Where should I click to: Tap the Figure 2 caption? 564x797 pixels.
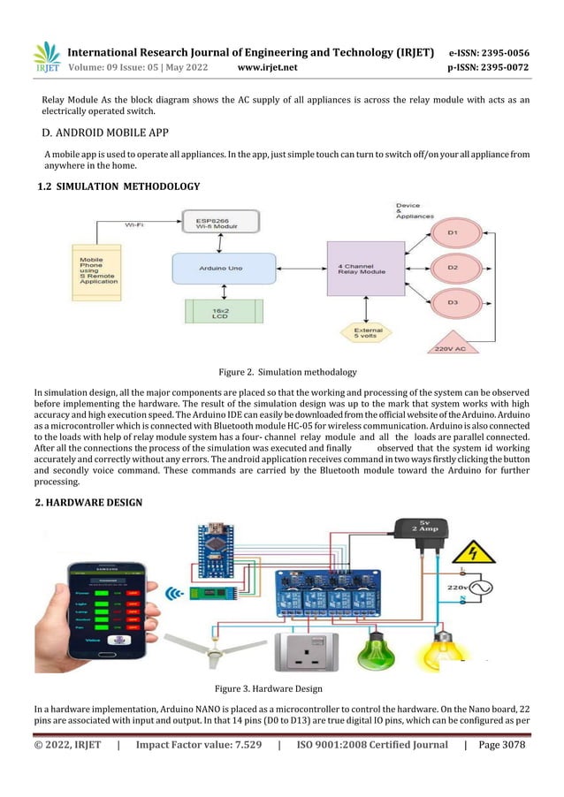click(282, 373)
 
